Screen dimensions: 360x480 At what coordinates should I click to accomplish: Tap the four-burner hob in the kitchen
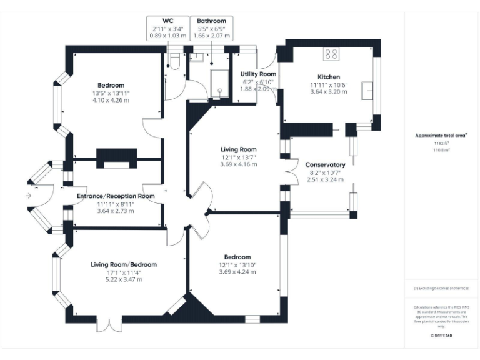tap(330, 54)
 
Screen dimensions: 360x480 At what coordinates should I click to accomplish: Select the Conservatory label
tap(326, 164)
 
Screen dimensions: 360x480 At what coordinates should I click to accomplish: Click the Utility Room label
tap(259, 74)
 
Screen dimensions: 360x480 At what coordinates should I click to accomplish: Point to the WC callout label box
tap(167, 29)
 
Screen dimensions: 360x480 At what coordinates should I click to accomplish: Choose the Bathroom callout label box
tap(211, 29)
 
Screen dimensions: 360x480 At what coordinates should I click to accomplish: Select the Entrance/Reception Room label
tap(116, 196)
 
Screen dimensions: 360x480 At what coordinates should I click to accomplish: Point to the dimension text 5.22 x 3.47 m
tap(124, 279)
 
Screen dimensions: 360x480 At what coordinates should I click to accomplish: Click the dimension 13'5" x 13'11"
tap(111, 92)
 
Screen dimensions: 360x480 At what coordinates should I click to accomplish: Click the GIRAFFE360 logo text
tap(442, 336)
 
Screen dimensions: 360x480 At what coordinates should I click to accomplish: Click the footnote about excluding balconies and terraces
tap(442, 289)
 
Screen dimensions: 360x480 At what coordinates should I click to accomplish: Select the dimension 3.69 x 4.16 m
tap(238, 164)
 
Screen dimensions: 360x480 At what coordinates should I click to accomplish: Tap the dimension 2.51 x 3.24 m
tap(326, 179)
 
